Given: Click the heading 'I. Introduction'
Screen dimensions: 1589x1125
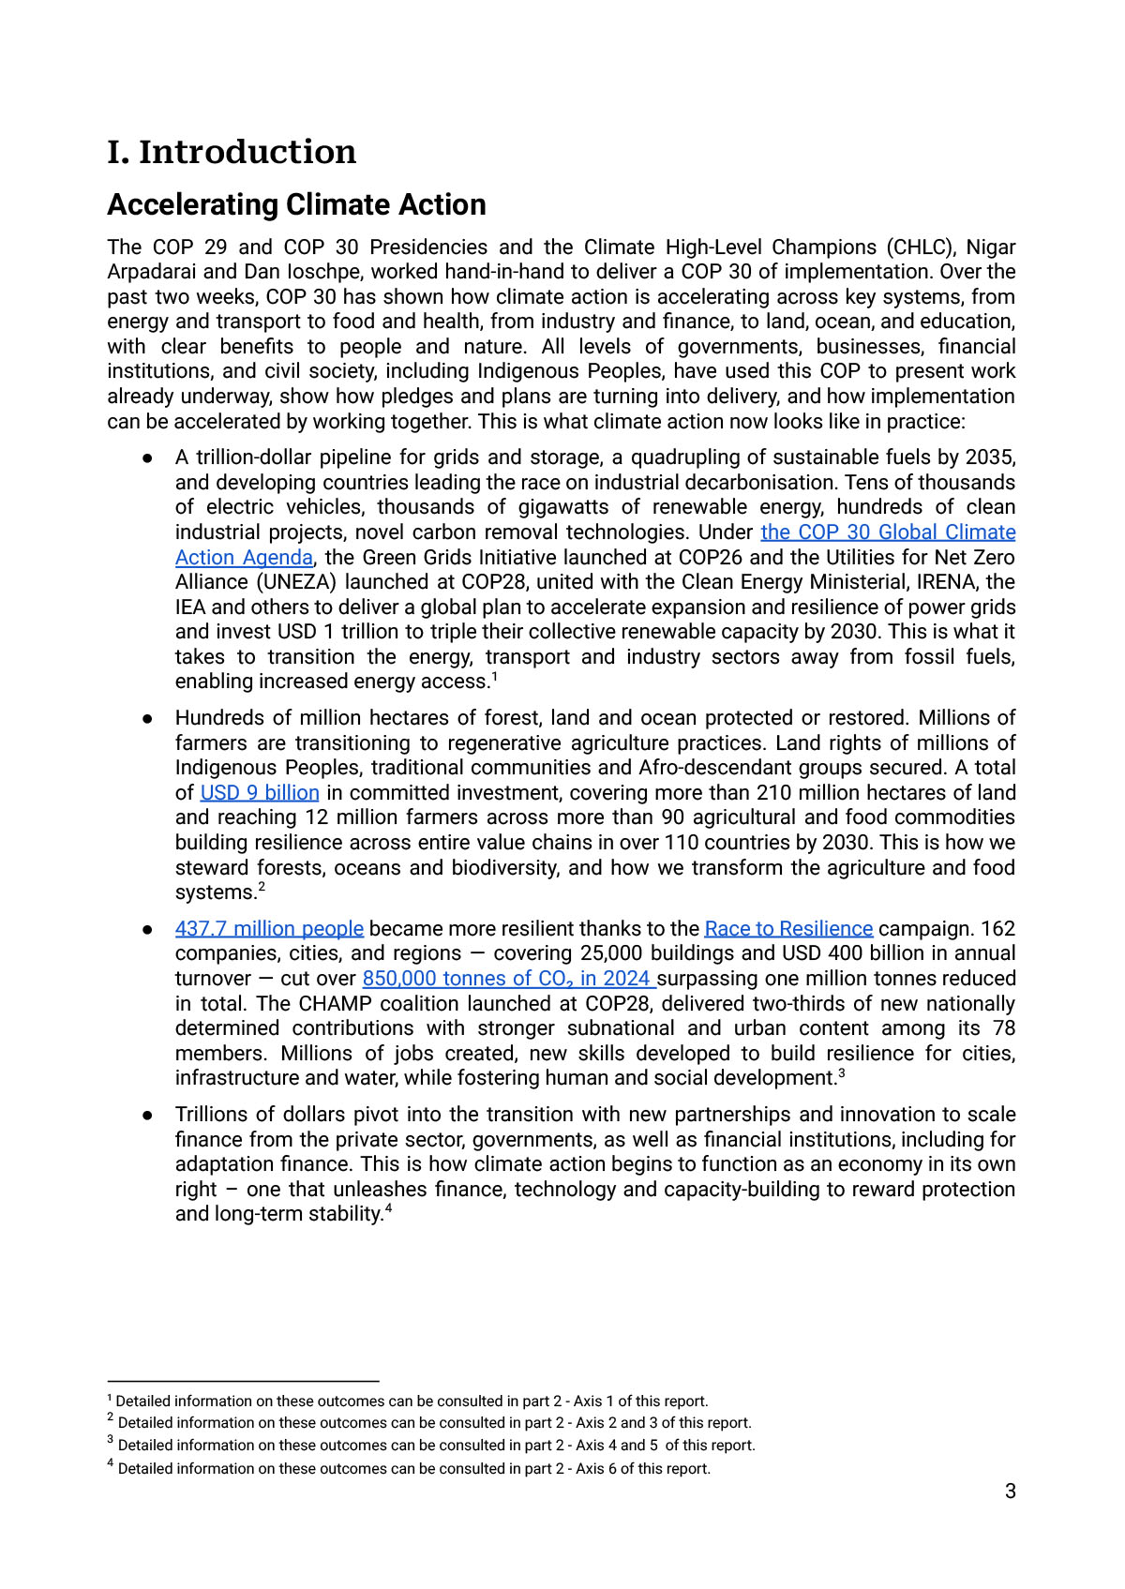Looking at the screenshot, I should point(232,152).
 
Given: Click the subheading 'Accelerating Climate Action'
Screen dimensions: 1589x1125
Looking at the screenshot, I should point(296,204).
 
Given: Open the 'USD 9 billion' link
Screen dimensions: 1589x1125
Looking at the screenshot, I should point(260,793).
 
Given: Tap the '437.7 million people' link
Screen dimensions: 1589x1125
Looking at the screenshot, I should point(269,929).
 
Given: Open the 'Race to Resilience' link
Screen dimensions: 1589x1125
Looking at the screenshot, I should point(788,929).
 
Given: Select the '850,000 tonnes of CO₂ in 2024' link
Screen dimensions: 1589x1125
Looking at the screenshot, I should point(508,979).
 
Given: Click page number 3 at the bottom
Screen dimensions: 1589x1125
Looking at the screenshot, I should point(1010,1492).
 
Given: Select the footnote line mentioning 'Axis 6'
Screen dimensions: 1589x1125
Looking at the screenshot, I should point(412,1469).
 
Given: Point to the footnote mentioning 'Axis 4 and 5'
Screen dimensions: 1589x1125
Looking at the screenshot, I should point(435,1446).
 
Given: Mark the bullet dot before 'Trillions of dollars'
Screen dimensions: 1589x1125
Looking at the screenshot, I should point(148,1116).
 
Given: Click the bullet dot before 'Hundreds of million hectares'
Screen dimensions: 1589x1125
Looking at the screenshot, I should point(148,719).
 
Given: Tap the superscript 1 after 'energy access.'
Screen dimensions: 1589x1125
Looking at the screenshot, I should point(494,677).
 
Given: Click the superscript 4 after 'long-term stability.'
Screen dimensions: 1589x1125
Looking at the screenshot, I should point(388,1209).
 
